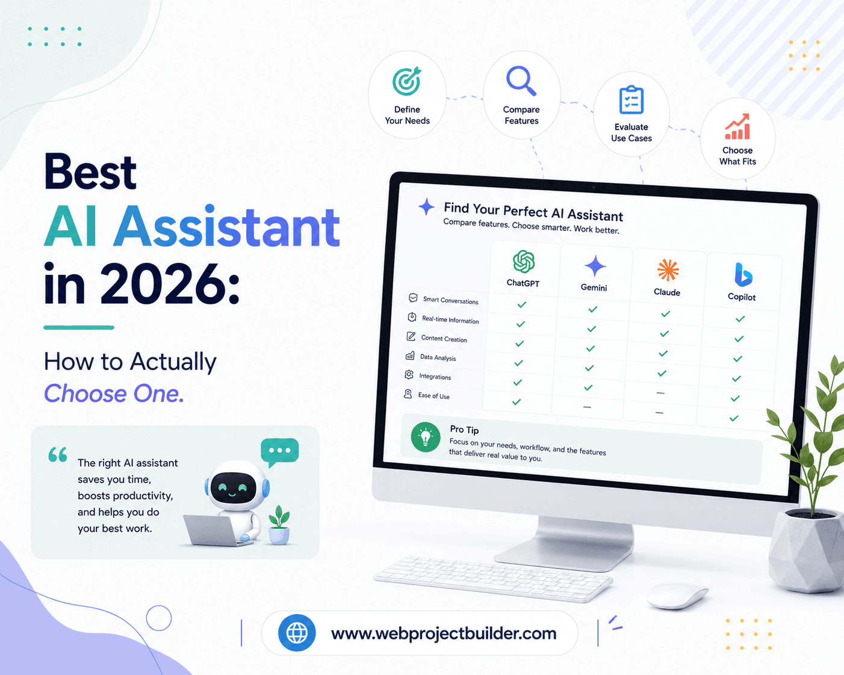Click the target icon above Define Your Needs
[407, 81]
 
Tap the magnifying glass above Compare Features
[521, 81]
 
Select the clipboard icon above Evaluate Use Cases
[631, 99]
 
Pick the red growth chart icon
[737, 126]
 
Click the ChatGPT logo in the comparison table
[524, 262]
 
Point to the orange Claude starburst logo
[668, 270]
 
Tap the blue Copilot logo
[743, 275]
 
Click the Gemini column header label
[594, 288]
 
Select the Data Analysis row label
[438, 357]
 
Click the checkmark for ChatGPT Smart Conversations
[521, 304]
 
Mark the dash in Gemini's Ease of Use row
[587, 407]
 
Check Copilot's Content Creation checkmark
[739, 339]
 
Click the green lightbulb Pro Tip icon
[426, 437]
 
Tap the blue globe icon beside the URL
[297, 633]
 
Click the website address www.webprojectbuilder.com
[444, 633]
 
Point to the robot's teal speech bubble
[280, 452]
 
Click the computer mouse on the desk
[677, 596]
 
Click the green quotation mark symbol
[58, 455]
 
